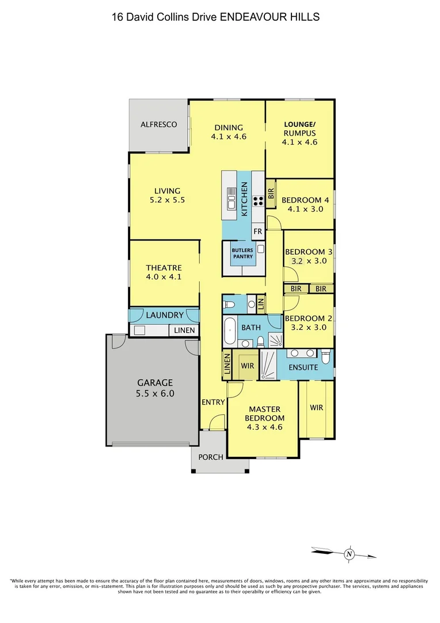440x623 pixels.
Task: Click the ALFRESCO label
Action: point(158,125)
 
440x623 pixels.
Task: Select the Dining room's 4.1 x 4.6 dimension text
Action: point(229,137)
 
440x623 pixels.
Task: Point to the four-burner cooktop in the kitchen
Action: point(259,201)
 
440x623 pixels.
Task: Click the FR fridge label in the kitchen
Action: point(257,231)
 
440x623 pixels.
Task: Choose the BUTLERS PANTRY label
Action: point(242,253)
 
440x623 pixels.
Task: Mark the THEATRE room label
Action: point(164,268)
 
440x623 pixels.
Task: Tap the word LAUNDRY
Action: point(165,316)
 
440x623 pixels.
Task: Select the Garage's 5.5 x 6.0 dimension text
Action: point(154,394)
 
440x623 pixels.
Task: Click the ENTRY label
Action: point(213,402)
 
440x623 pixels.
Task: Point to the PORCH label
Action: point(210,457)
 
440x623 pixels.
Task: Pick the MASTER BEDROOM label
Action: point(264,414)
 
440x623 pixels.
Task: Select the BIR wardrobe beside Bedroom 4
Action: point(271,194)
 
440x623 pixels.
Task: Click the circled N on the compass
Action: point(348,554)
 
